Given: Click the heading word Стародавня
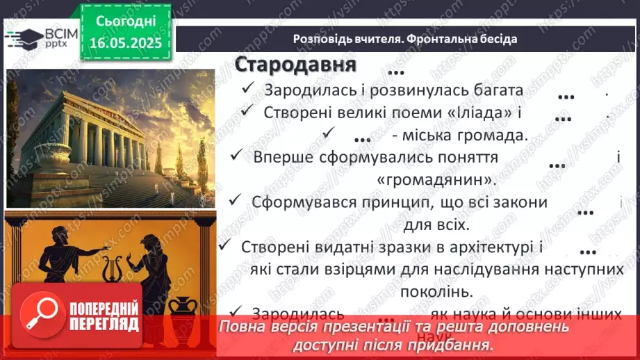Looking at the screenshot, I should coord(295,65).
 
